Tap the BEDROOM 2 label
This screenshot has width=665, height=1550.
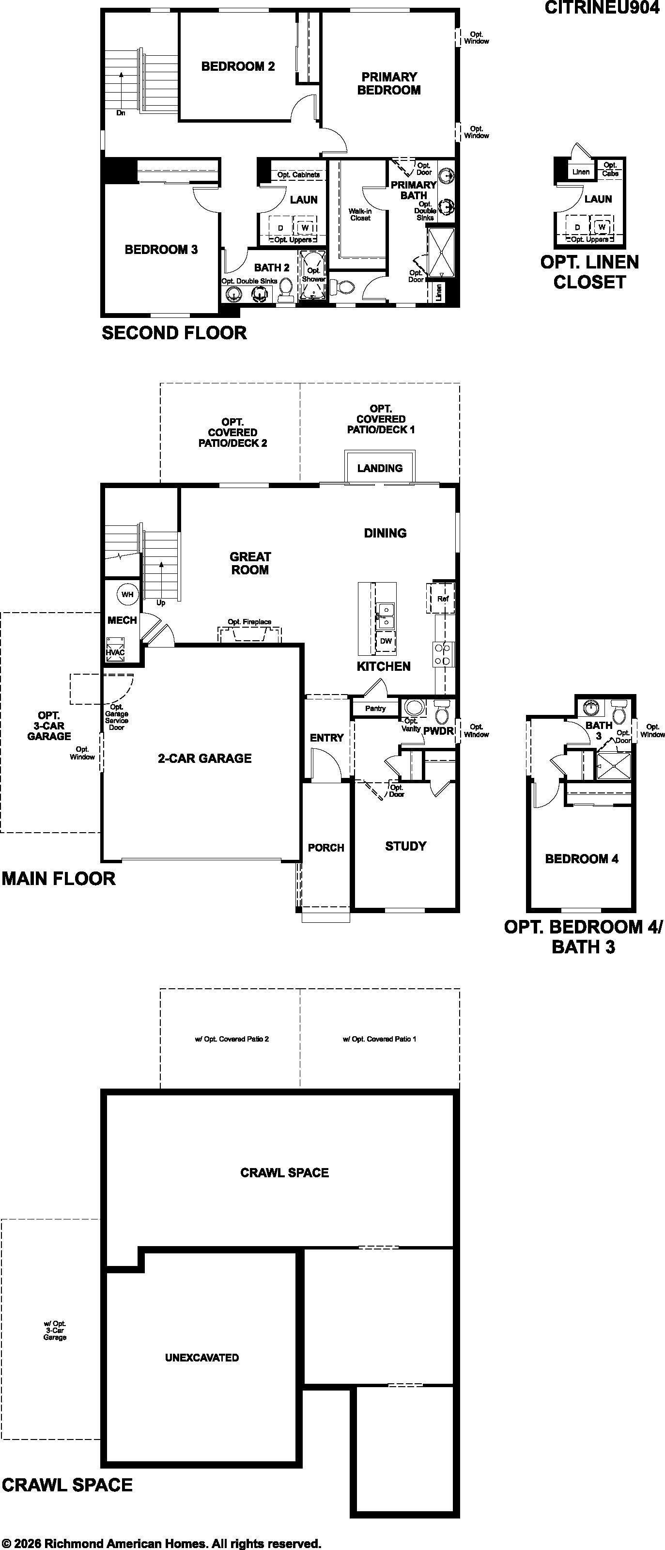238,66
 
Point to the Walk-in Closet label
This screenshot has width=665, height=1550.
360,215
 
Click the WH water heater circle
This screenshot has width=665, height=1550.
127,595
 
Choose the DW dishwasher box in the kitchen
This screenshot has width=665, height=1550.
386,641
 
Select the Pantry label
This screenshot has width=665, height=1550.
375,708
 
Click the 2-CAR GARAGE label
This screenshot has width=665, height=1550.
204,758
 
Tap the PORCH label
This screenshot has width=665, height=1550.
326,847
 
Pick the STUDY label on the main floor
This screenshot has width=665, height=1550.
406,846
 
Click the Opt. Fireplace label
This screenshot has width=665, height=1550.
249,621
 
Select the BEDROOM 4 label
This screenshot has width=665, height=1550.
581,859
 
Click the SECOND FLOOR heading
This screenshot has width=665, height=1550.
174,333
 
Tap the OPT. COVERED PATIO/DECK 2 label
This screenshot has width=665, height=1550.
232,433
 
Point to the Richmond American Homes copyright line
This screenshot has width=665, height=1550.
162,1543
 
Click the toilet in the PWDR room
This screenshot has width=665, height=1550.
441,712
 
